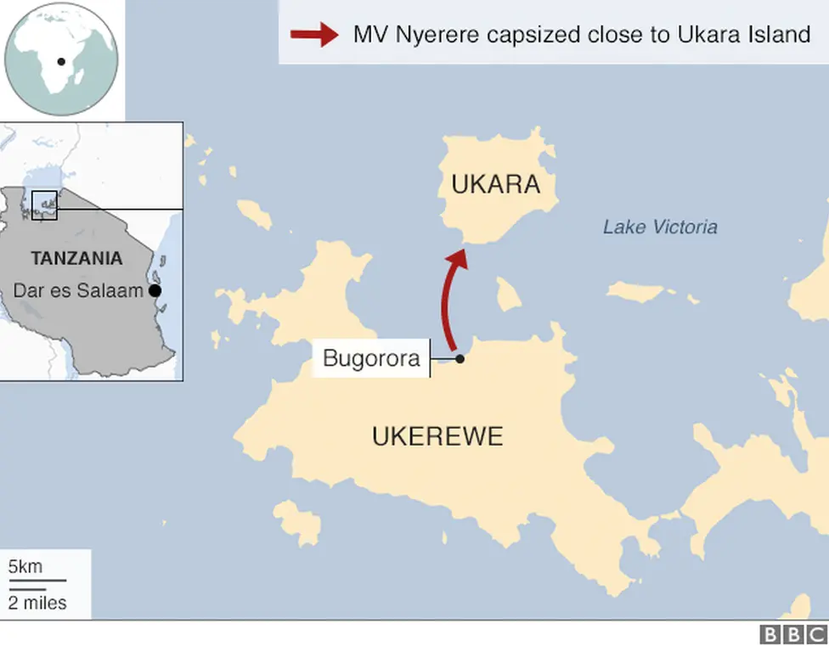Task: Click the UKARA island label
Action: coord(495,184)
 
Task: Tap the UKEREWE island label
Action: coord(437,436)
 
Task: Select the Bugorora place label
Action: coord(371,358)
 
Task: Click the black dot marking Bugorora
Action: coord(460,359)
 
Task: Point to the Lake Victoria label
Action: coord(660,227)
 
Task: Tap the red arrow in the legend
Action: coord(313,35)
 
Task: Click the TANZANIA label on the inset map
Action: coord(76,258)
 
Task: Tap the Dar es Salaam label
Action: coord(78,290)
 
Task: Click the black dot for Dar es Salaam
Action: coord(155,290)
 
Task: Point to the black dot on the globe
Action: coord(61,61)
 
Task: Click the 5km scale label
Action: coord(25,566)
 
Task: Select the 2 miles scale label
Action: coord(37,603)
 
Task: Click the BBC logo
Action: coord(792,635)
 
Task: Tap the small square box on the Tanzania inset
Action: coord(44,205)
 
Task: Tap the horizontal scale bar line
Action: coord(37,581)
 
